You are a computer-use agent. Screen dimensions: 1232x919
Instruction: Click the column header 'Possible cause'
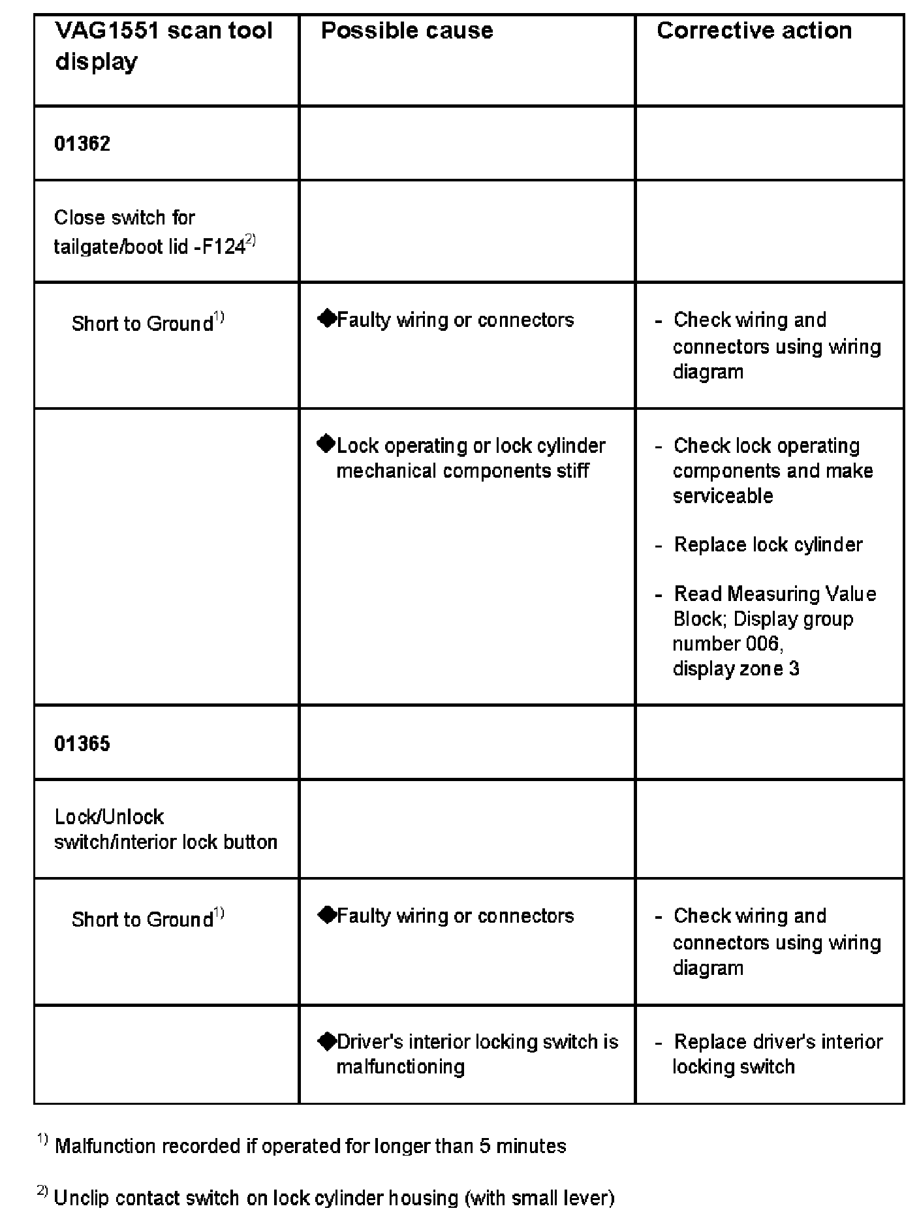407,31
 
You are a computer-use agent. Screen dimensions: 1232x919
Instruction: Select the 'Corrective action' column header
754,31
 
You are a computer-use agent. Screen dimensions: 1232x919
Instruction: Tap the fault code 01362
82,144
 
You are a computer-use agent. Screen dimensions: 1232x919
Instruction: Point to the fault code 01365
82,743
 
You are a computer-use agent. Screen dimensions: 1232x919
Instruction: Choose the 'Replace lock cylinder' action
768,545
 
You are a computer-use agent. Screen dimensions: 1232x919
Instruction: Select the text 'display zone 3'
736,669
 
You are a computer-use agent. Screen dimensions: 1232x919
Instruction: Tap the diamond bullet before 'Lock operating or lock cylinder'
326,444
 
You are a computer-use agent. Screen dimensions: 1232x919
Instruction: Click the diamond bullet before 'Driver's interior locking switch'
326,1041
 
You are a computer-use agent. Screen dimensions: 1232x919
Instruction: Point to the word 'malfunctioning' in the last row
400,1067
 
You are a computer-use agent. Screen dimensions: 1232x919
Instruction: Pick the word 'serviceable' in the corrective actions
723,496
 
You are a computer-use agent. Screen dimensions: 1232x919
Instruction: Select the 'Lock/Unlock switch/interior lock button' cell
166,829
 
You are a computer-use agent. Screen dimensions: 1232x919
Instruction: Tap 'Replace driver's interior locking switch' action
777,1054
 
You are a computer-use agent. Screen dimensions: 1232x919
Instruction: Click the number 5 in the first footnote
485,1147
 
